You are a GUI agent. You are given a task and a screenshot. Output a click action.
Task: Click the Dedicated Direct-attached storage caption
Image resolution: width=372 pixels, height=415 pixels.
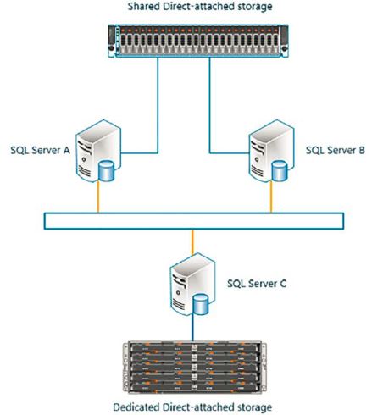coord(188,407)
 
